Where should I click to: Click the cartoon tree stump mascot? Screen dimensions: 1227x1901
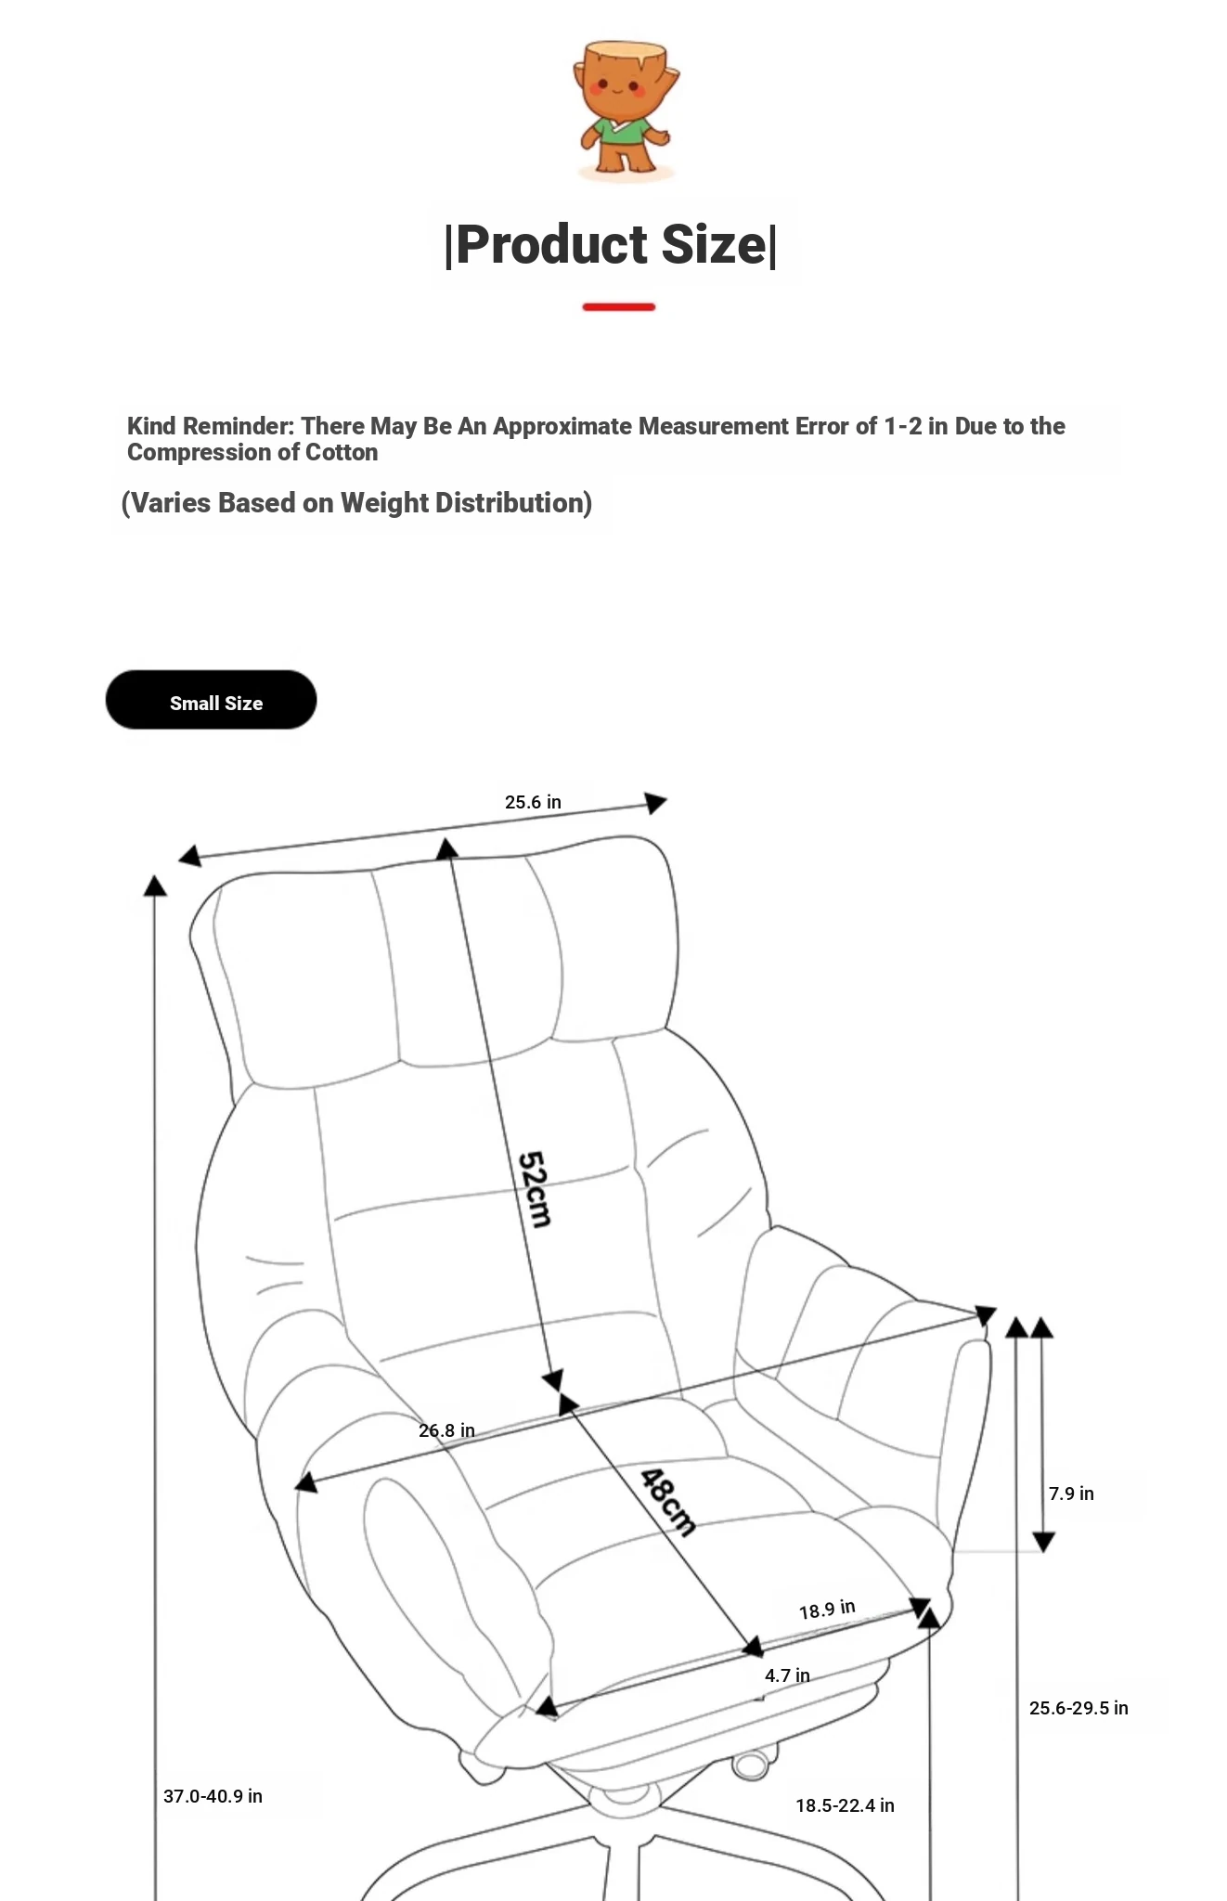pos(625,110)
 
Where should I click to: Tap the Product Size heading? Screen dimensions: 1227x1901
pos(611,245)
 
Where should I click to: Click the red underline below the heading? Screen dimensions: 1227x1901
pos(619,307)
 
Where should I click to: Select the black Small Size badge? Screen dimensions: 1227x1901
pos(211,700)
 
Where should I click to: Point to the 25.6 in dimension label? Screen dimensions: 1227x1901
pos(533,802)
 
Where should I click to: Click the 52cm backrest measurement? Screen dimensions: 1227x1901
pos(535,1189)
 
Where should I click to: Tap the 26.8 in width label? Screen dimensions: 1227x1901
pos(446,1430)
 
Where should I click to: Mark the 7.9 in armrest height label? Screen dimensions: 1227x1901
pos(1071,1494)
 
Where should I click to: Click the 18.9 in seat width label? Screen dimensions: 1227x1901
pos(827,1610)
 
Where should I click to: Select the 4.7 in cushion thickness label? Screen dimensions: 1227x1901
pos(787,1675)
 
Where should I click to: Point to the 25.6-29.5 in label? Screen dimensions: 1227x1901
pos(1078,1708)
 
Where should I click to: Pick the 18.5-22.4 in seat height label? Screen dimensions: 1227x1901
pos(845,1805)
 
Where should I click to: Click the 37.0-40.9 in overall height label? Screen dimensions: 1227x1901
pos(213,1796)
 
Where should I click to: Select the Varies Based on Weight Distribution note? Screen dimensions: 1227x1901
pos(356,503)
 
